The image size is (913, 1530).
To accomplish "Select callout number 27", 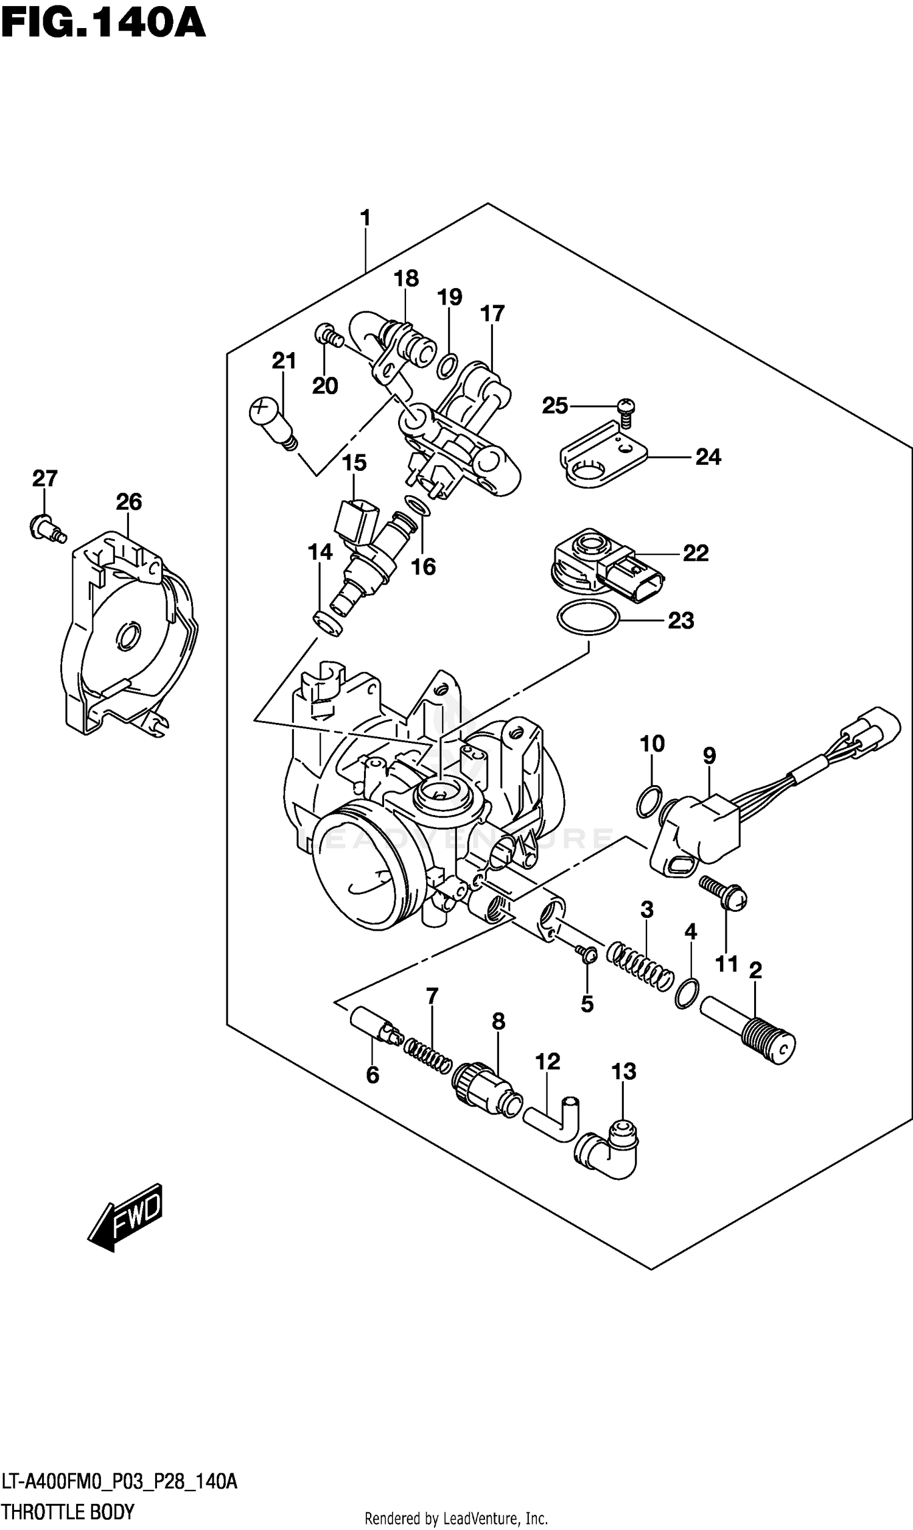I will pyautogui.click(x=45, y=478).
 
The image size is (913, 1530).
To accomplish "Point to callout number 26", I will pyautogui.click(x=128, y=502).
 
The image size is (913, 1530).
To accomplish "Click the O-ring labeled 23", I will pyautogui.click(x=587, y=617).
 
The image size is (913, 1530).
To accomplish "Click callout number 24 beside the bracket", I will pyautogui.click(x=707, y=457).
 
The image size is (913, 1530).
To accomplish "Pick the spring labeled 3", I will pyautogui.click(x=640, y=965).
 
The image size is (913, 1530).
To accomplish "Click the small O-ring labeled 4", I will pyautogui.click(x=687, y=993).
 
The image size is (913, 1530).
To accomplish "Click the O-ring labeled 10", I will pyautogui.click(x=648, y=802).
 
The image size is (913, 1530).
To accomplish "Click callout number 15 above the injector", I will pyautogui.click(x=354, y=462).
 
